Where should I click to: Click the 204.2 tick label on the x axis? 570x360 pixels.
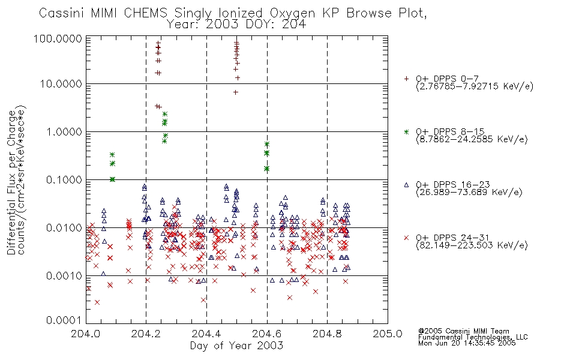146,334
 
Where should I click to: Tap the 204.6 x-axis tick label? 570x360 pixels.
267,334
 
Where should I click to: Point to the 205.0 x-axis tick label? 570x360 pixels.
388,334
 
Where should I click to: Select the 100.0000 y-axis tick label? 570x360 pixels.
58,38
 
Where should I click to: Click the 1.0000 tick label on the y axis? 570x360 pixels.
64,131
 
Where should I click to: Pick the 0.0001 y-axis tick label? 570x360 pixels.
64,320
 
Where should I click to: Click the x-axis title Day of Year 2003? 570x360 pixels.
236,346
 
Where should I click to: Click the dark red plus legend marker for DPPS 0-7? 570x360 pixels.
406,79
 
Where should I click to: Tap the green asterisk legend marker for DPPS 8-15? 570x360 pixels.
406,131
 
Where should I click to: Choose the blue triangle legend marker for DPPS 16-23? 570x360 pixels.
406,185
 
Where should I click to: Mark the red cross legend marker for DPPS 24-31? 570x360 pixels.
406,238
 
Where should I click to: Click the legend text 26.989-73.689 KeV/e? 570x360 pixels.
469,193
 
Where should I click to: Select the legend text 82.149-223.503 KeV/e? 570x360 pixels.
472,245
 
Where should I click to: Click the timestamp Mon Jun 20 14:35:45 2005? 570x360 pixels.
467,343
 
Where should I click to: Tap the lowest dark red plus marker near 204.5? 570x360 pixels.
236,92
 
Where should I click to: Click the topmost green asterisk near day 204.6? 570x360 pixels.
267,145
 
